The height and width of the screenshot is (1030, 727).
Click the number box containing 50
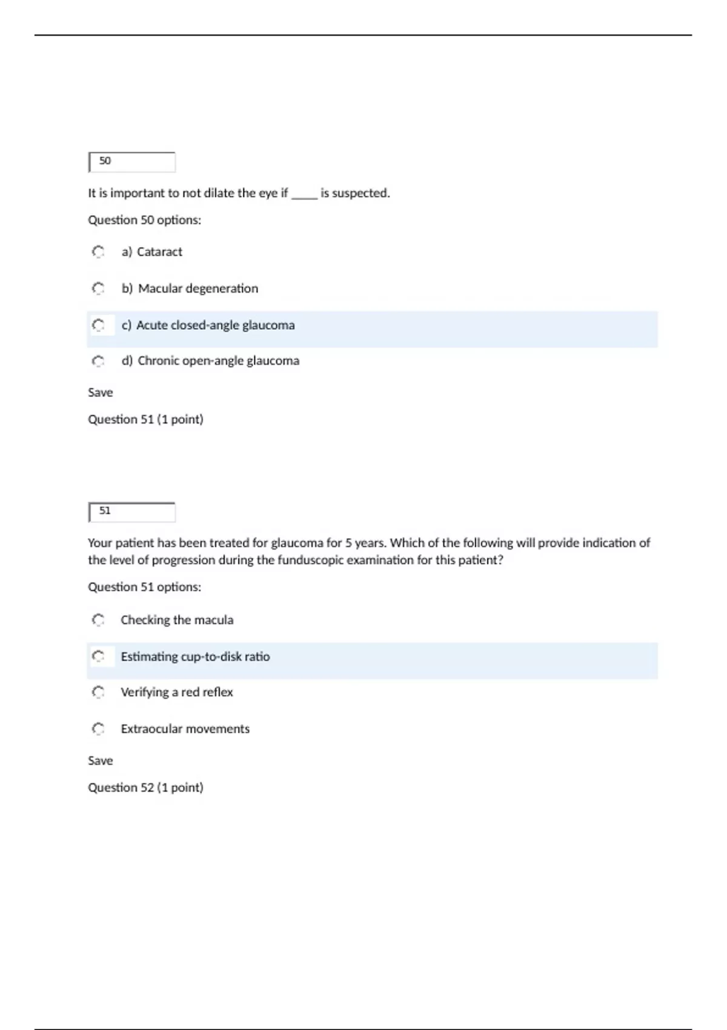[x=132, y=162]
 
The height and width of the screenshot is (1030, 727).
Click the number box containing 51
[x=132, y=512]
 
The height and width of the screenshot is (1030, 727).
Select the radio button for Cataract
[x=98, y=251]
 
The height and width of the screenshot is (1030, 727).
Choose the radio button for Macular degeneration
[x=98, y=288]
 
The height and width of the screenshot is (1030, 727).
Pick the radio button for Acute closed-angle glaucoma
[x=98, y=325]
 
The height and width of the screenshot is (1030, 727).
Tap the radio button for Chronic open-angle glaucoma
[x=98, y=361]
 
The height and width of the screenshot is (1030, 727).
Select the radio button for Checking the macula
[x=98, y=620]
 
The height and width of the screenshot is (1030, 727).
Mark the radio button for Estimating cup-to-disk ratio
[x=98, y=656]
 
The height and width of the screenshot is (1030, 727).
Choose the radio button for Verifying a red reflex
[x=98, y=692]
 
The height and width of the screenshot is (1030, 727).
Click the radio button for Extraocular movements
[x=98, y=728]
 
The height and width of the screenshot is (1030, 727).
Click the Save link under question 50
[x=101, y=393]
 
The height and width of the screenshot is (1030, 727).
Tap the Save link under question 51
[x=101, y=760]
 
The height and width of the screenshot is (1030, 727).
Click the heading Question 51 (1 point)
[x=145, y=419]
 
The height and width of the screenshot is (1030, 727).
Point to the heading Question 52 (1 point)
[x=145, y=788]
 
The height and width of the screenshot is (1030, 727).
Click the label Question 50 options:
[x=144, y=220]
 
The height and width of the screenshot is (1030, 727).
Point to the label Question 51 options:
[x=144, y=587]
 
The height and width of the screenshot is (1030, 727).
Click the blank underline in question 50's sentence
[x=304, y=195]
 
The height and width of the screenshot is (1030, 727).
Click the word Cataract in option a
[x=159, y=252]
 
